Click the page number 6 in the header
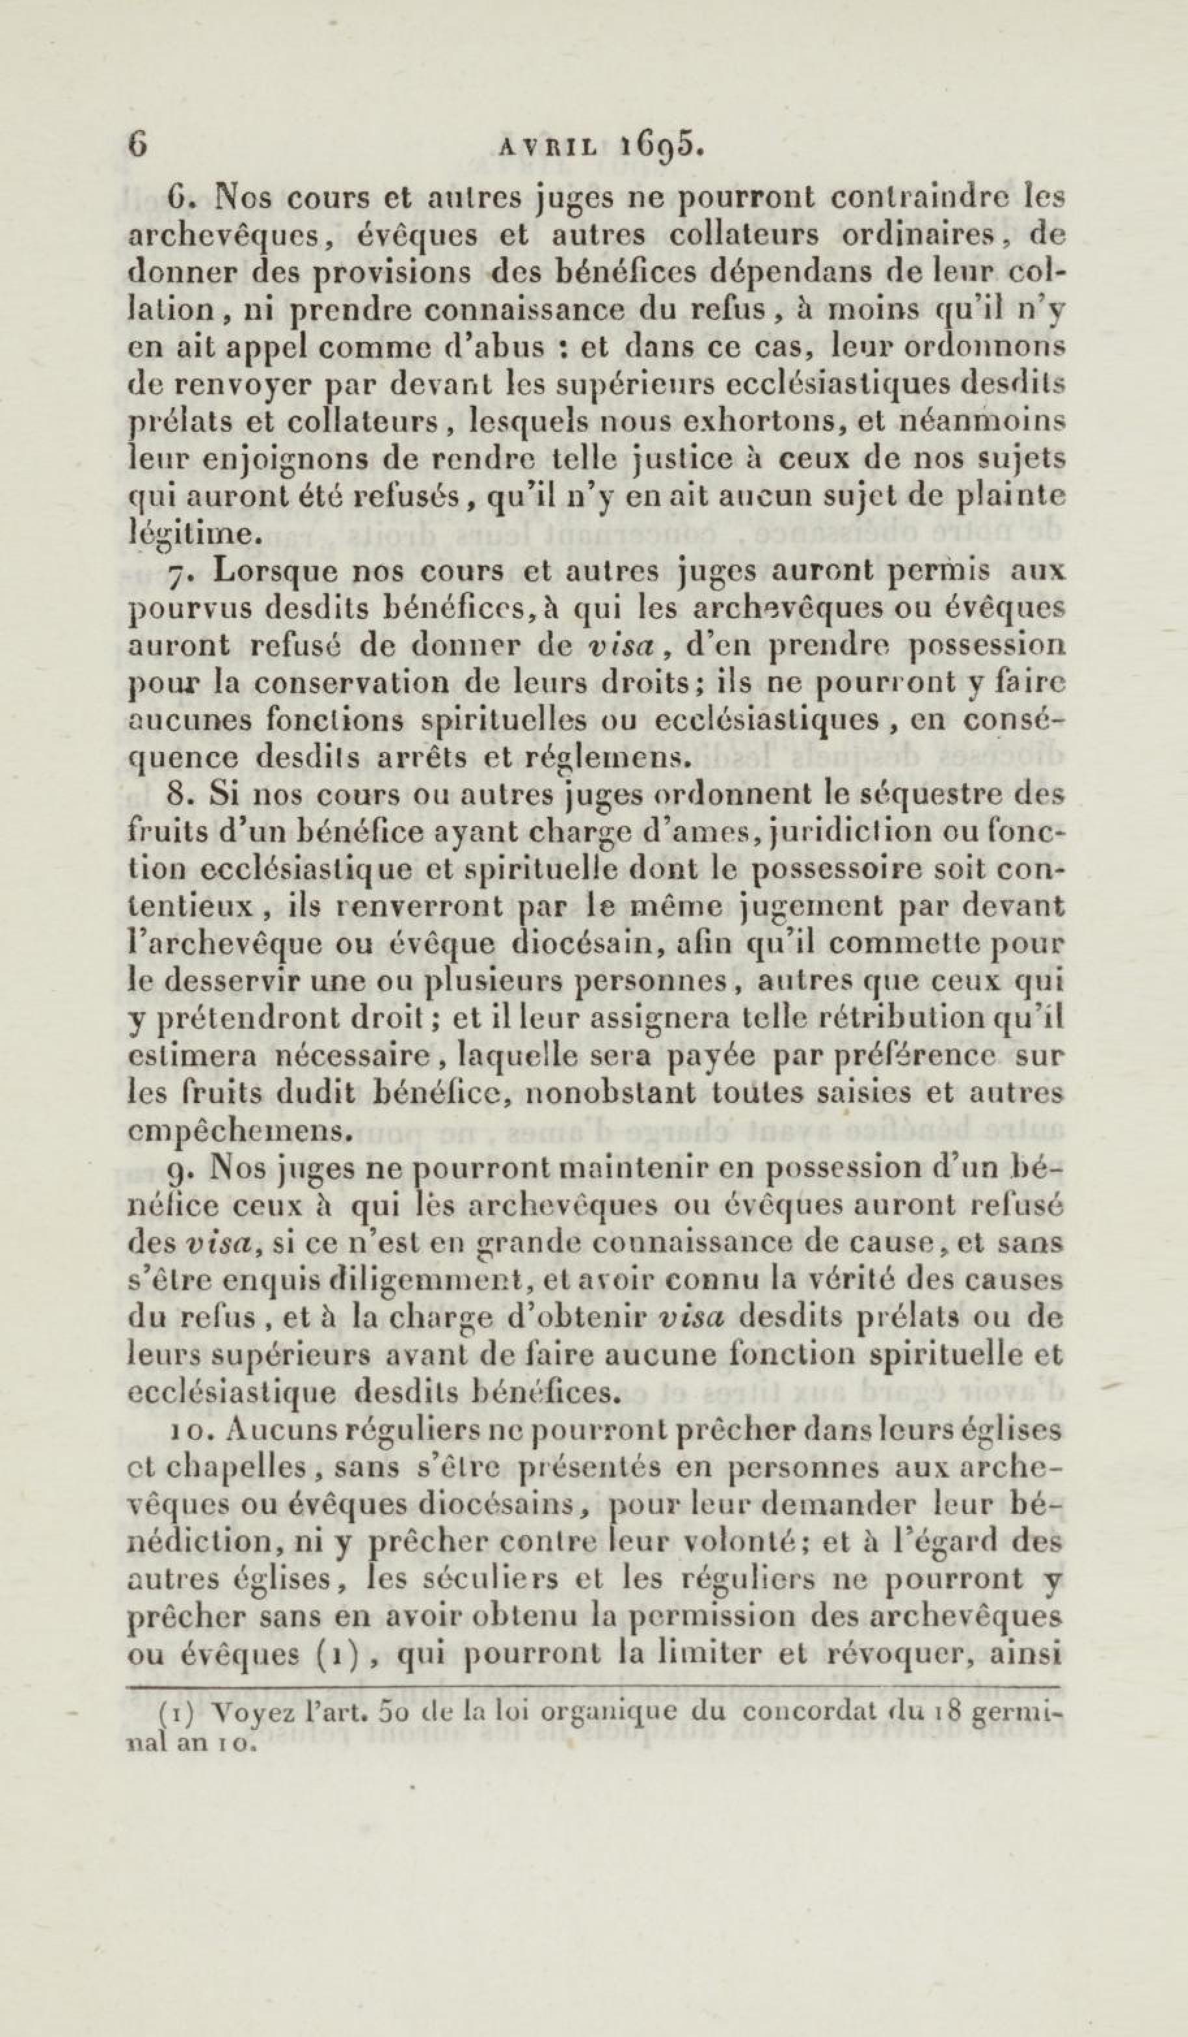(x=139, y=144)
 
